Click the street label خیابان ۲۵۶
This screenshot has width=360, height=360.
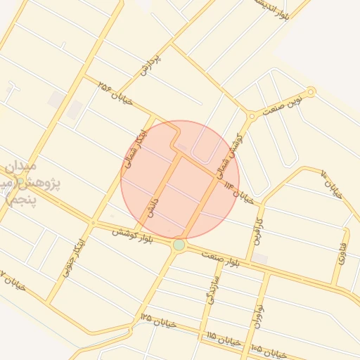tap(117, 96)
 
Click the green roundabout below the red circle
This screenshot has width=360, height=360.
tap(179, 245)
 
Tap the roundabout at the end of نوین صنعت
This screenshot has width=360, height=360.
tap(311, 91)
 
